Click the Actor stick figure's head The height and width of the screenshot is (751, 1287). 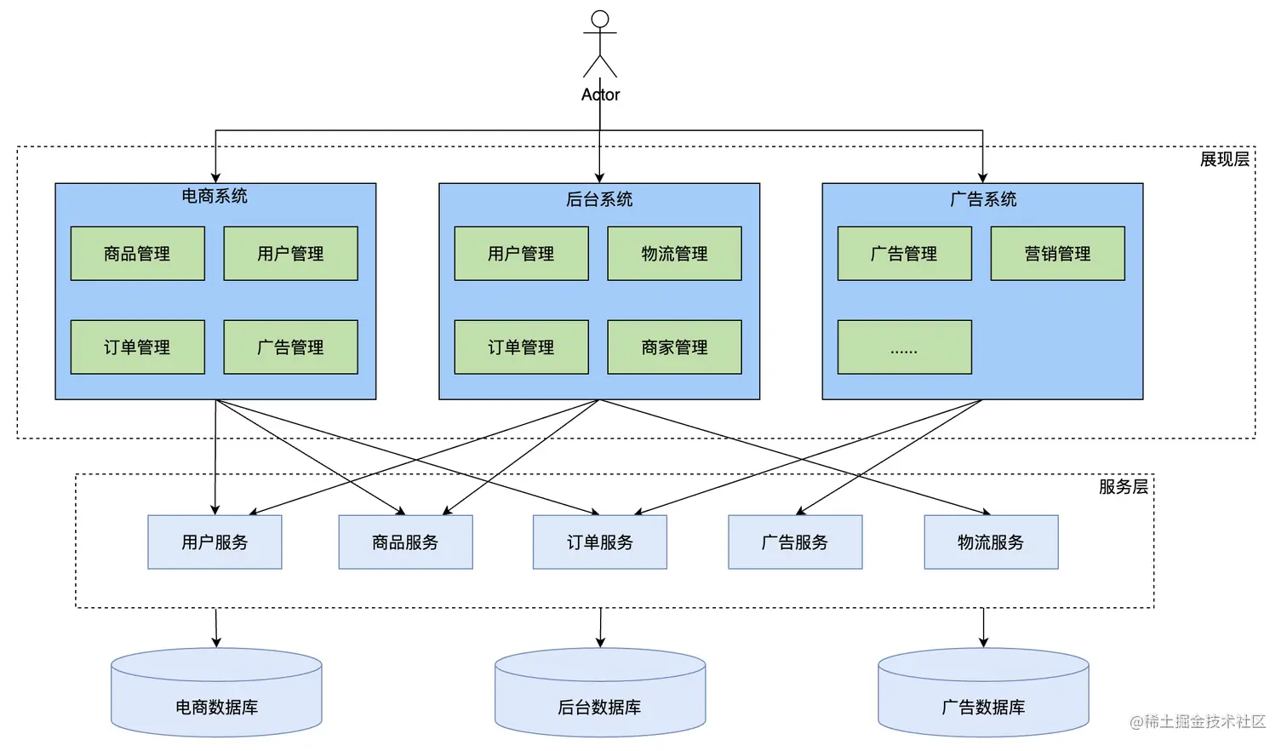pos(600,20)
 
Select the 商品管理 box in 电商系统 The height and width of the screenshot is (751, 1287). pos(137,254)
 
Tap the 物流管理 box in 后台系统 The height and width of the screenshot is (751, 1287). pos(674,254)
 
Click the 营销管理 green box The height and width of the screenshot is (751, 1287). pos(1057,254)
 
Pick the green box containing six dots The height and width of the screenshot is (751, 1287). pos(904,347)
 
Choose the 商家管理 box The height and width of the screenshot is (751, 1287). pos(674,347)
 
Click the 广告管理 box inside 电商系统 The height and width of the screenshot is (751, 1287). pos(290,347)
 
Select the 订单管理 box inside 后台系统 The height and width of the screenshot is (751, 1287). pos(521,347)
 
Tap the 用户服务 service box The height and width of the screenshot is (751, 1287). pos(214,542)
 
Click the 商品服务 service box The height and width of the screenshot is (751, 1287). pos(405,542)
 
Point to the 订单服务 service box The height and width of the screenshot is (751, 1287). pos(600,542)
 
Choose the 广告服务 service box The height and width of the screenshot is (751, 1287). pos(795,542)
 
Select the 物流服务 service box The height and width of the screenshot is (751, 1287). pos(991,542)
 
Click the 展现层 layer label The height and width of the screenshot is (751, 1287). pos(1224,159)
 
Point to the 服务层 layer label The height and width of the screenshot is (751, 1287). pos(1123,487)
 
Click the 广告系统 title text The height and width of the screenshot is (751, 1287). pos(983,199)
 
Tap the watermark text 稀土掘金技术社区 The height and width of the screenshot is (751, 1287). pos(1204,722)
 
